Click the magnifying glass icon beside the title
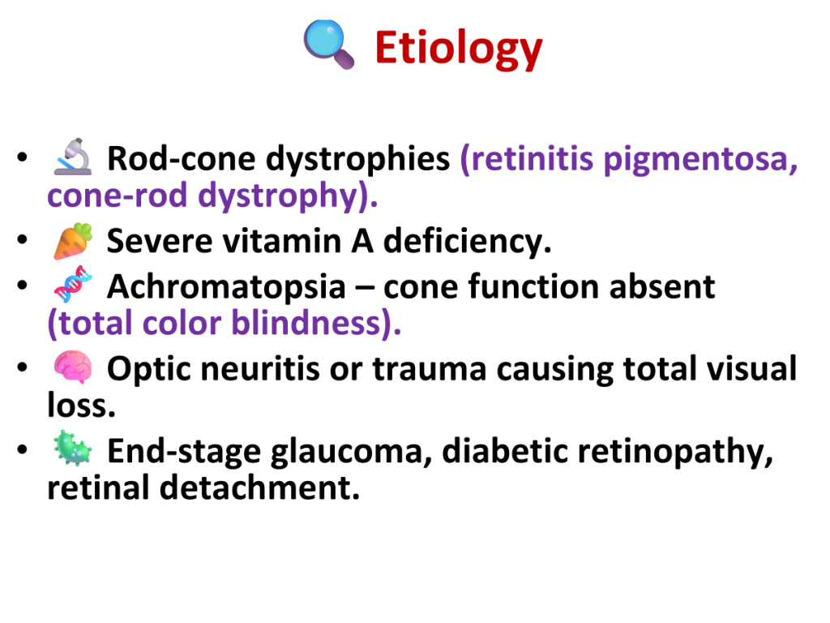click(329, 45)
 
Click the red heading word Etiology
click(459, 49)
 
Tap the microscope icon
click(73, 157)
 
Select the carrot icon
click(73, 241)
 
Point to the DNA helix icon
click(73, 285)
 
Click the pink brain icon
click(73, 367)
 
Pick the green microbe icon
click(73, 448)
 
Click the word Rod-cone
click(181, 158)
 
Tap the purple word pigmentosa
click(700, 160)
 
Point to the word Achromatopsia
click(227, 289)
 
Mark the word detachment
click(259, 488)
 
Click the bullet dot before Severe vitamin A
click(22, 239)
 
